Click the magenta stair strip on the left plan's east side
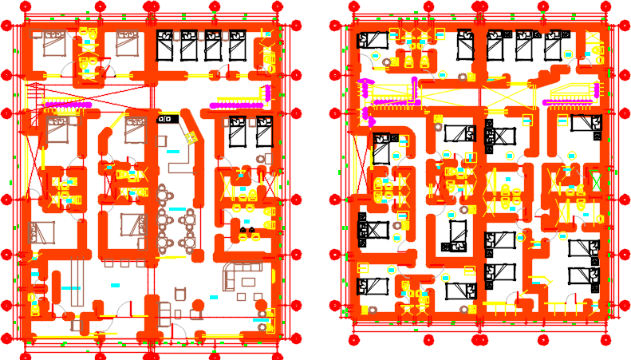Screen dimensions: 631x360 tap(236, 105)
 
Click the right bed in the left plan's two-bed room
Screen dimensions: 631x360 tap(262, 131)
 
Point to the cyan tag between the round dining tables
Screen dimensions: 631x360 tap(177, 209)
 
